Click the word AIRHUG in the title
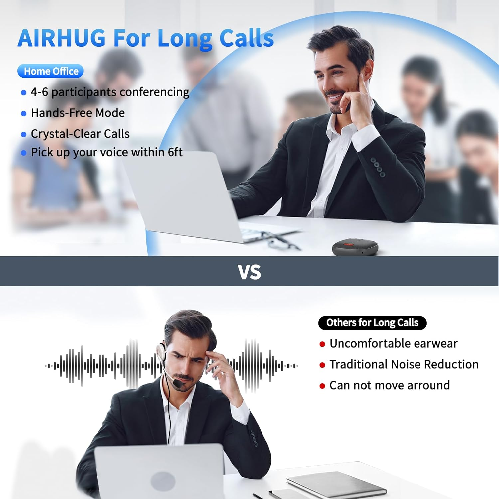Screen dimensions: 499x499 coord(62,38)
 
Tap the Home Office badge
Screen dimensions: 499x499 coord(51,71)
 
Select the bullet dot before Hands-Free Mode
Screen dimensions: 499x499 coord(23,114)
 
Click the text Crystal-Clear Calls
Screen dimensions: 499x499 coord(80,134)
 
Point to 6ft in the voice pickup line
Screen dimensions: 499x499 coord(175,152)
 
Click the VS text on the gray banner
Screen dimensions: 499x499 coord(249,272)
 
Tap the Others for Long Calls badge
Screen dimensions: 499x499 coord(372,323)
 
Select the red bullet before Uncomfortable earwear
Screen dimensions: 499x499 coord(322,344)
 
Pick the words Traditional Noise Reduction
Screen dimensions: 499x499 coord(404,364)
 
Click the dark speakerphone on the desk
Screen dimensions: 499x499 coord(355,247)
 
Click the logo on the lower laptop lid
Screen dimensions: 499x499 coord(163,481)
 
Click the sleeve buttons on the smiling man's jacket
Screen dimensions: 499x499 coord(378,167)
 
